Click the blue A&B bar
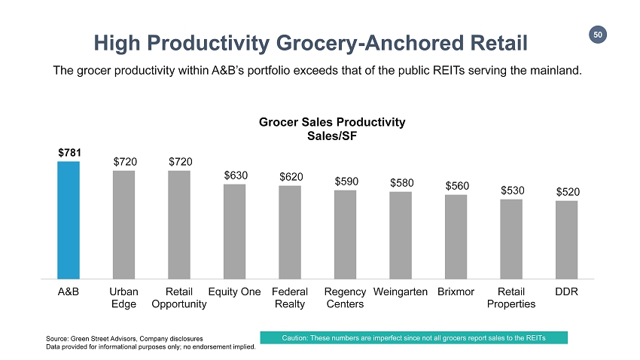coord(69,220)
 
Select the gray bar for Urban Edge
coord(123,224)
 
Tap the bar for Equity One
coord(234,231)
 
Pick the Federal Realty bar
coord(290,232)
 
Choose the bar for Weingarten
coord(401,235)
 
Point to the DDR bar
coord(566,239)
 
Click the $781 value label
coord(69,151)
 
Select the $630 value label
coord(235,174)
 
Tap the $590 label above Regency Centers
coord(346,181)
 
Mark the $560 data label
coord(456,185)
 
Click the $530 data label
coord(511,190)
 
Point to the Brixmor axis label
coord(456,291)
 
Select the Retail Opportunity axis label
coord(179,297)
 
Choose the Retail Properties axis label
coord(511,297)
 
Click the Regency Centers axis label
coord(346,297)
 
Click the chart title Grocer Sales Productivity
coord(332,122)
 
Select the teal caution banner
coord(413,337)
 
